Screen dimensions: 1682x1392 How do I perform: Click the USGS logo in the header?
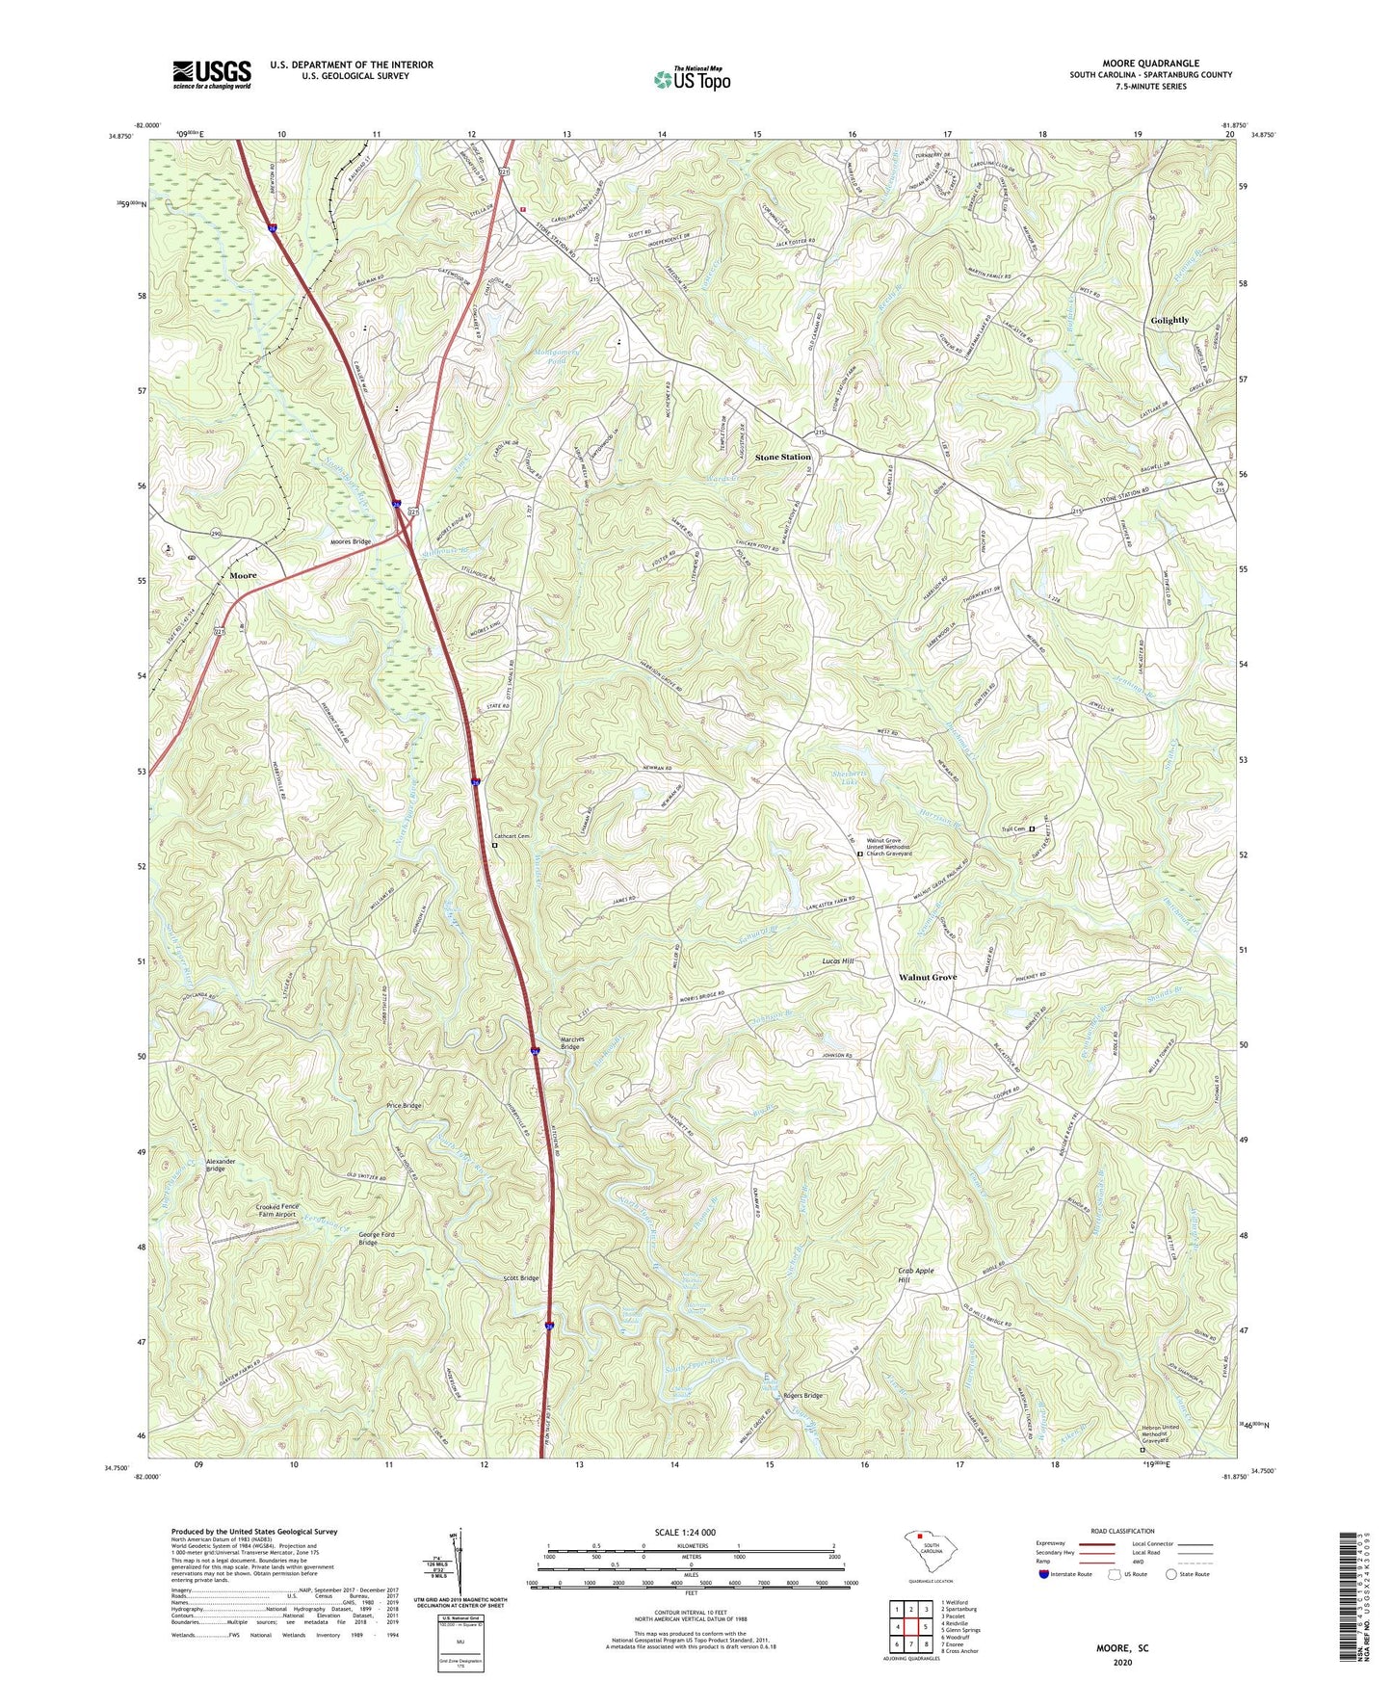click(x=211, y=74)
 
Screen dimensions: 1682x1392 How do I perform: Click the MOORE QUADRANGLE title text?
click(x=1150, y=64)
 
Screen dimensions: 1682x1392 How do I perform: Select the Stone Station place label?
click(x=782, y=457)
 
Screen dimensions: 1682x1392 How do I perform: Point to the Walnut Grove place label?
click(x=927, y=977)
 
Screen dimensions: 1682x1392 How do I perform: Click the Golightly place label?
click(x=1169, y=320)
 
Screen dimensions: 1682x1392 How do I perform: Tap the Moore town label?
click(x=243, y=575)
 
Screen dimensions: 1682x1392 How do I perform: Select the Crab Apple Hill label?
click(x=916, y=1275)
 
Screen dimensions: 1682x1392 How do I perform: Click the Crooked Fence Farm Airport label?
click(x=276, y=1211)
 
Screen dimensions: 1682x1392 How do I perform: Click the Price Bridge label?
click(x=404, y=1105)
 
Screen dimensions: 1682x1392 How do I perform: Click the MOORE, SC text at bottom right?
click(x=1121, y=1648)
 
